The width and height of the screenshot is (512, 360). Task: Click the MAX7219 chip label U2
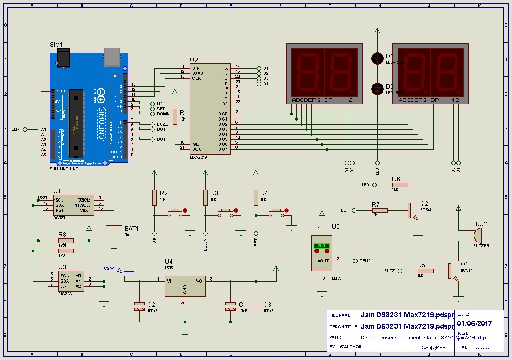[194, 60]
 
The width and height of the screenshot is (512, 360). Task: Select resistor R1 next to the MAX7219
[175, 116]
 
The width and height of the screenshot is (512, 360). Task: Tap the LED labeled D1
[377, 58]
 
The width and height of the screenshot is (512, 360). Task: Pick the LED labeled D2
[377, 89]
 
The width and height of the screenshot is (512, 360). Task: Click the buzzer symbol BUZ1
[477, 235]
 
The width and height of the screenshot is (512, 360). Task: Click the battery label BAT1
[131, 229]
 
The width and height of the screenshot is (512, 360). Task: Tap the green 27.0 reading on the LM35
[321, 246]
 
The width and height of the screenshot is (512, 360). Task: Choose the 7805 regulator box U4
[185, 286]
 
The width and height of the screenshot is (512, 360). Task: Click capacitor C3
[256, 305]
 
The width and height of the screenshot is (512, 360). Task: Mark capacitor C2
[139, 305]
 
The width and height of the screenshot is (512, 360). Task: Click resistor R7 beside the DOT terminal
[379, 210]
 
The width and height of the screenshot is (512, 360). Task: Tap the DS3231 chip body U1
[73, 205]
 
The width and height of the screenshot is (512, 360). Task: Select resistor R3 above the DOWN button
[205, 196]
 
